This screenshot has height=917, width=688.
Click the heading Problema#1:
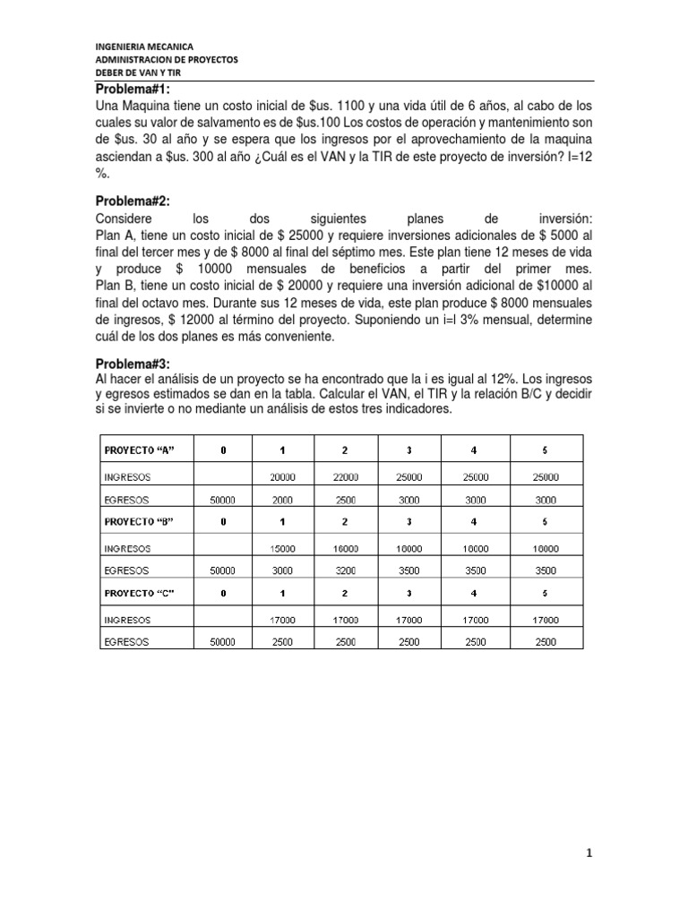133,89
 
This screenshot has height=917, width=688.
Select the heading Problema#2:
133,201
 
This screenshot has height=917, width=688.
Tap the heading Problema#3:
133,364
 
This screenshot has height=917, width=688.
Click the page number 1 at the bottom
589,853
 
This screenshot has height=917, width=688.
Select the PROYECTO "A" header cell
142,448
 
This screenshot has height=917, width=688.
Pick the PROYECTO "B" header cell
142,520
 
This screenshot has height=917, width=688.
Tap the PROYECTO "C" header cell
142,593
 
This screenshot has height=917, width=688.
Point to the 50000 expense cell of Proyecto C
222,641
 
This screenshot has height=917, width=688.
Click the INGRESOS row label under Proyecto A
129,476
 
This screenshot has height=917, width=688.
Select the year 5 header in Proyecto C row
546,593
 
